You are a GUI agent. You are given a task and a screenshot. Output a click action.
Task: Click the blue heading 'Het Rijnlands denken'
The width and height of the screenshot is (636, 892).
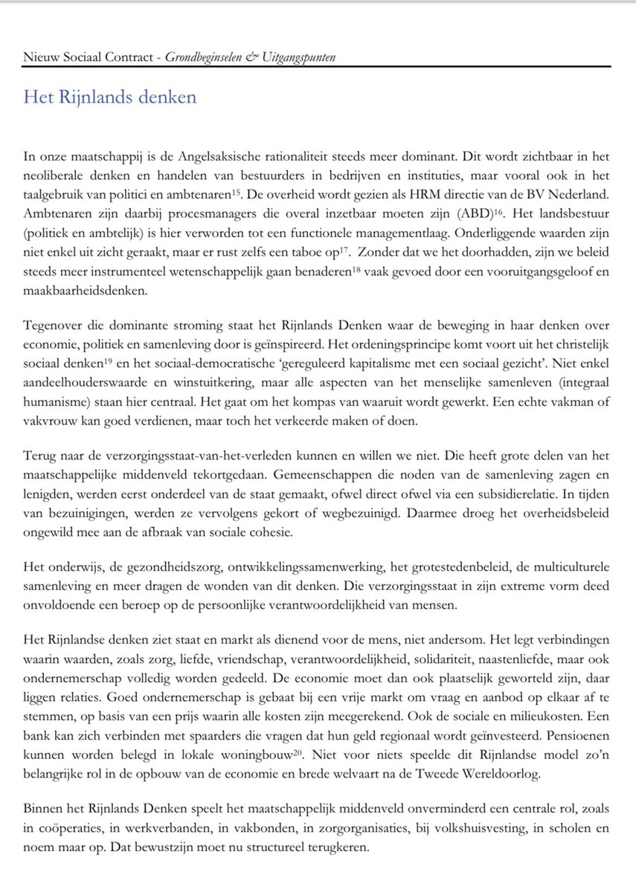(x=110, y=97)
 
